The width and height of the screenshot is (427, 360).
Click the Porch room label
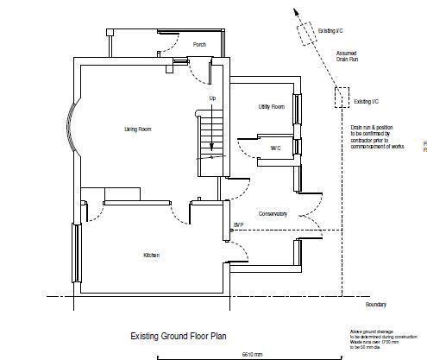coord(199,45)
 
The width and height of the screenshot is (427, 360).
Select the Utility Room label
coord(271,107)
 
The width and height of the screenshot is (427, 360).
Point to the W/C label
coord(275,148)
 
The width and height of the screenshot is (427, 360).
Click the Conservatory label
coord(272,213)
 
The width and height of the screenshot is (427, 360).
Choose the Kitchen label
coord(152,256)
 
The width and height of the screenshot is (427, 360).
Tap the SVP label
coord(237,225)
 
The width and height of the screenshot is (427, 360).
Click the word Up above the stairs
coord(212,98)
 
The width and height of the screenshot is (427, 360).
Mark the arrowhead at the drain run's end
coord(295,13)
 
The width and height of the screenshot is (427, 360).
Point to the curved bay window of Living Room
coord(75,129)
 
